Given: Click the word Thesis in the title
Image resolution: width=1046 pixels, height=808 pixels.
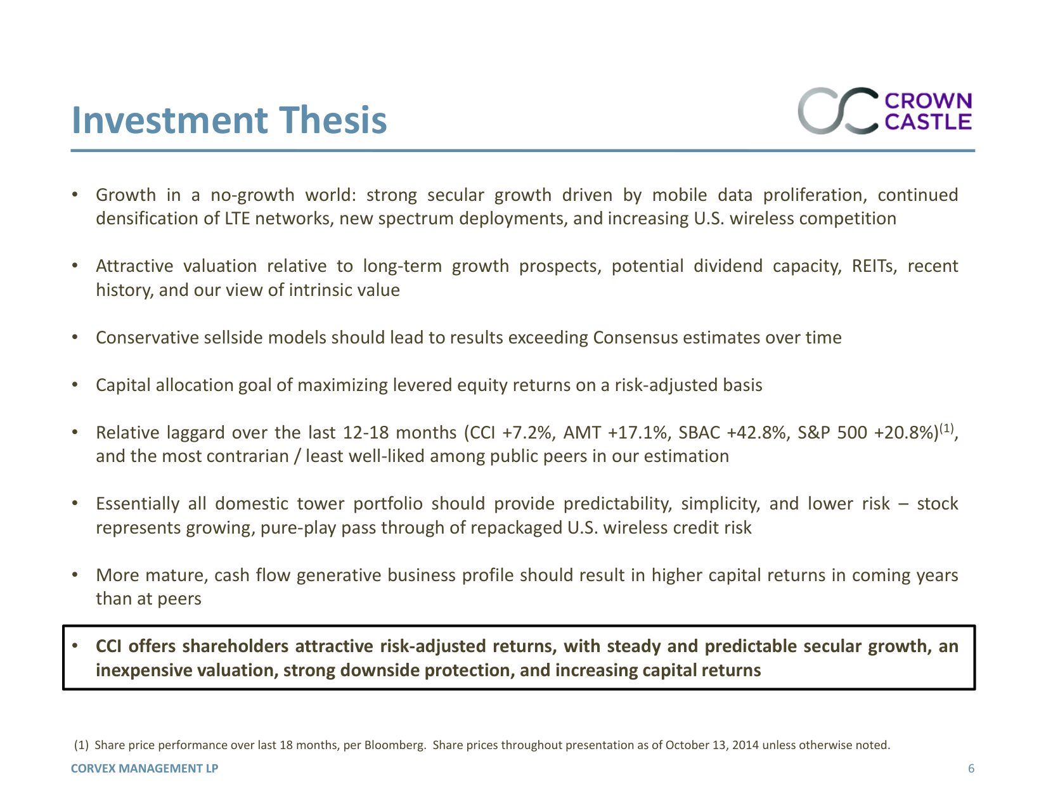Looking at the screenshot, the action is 333,119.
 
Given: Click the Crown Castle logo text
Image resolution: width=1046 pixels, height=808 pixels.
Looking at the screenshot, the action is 928,111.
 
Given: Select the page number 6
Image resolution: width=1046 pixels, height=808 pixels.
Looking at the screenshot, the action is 971,768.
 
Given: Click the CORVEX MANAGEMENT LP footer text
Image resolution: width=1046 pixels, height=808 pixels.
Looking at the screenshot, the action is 145,768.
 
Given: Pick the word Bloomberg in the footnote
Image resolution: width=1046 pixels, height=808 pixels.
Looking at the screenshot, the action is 394,745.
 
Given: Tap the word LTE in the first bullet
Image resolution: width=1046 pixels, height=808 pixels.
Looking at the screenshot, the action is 237,219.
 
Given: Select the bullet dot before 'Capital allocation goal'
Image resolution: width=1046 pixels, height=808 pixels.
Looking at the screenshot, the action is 75,385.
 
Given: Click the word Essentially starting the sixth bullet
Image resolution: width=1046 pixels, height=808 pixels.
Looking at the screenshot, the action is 138,504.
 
